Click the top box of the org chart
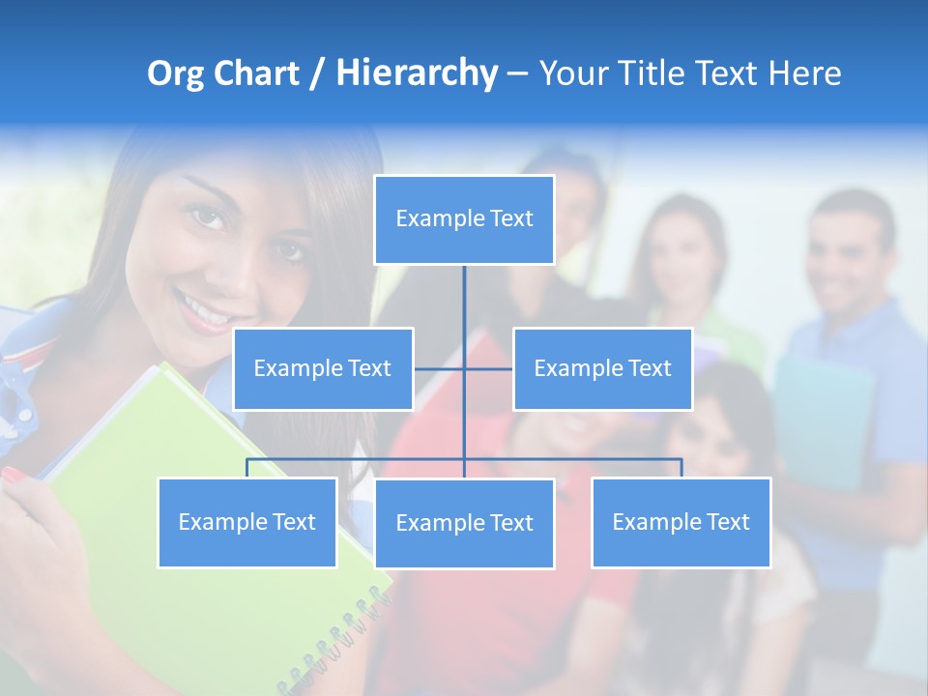click(464, 219)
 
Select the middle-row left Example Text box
click(323, 368)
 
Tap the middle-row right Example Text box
click(602, 368)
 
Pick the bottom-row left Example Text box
click(246, 522)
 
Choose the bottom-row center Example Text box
click(464, 523)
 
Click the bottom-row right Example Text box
click(681, 522)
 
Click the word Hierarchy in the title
click(417, 73)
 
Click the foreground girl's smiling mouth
click(205, 311)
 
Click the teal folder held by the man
click(822, 416)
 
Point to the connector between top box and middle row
click(464, 300)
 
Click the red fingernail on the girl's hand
click(14, 475)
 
